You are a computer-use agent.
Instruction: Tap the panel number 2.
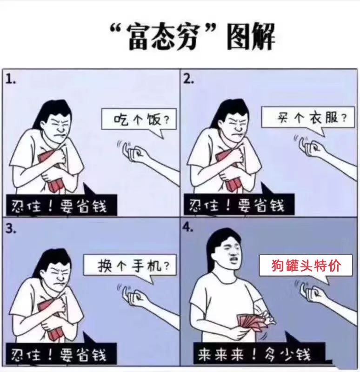pyautogui.click(x=188, y=80)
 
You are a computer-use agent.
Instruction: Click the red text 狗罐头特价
pyautogui.click(x=306, y=266)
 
